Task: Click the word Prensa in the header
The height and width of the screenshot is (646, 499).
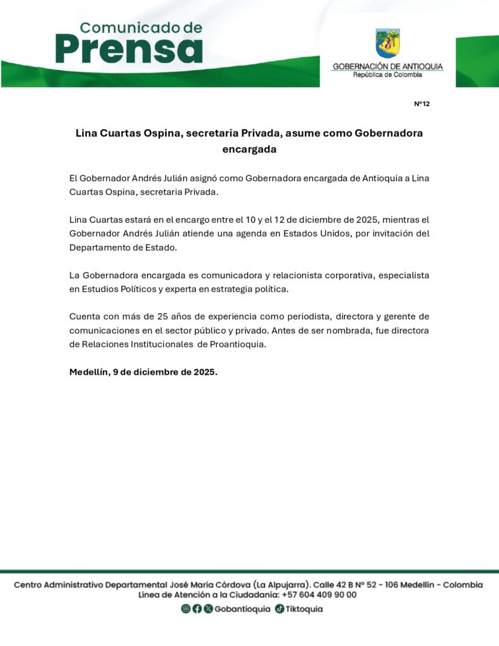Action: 129,49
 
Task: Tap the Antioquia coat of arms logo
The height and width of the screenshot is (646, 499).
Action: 387,44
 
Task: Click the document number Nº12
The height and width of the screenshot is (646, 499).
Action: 421,103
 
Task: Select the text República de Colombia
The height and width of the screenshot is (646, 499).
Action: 387,74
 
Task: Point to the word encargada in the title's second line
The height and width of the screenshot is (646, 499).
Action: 249,150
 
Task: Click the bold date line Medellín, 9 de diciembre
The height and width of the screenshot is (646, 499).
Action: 143,372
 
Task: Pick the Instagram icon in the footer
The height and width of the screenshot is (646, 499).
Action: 185,609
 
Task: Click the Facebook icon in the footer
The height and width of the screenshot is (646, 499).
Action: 197,609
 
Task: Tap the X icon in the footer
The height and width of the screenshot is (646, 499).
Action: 208,609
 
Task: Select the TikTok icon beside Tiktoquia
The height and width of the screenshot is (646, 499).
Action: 279,609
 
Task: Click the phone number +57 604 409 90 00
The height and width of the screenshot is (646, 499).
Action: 319,594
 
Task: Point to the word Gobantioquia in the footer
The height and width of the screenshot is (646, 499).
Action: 242,609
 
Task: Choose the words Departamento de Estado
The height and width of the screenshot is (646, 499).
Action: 123,247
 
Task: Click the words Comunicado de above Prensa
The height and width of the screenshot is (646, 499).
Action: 141,27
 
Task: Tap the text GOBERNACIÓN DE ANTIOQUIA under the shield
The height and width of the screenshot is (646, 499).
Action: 387,66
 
